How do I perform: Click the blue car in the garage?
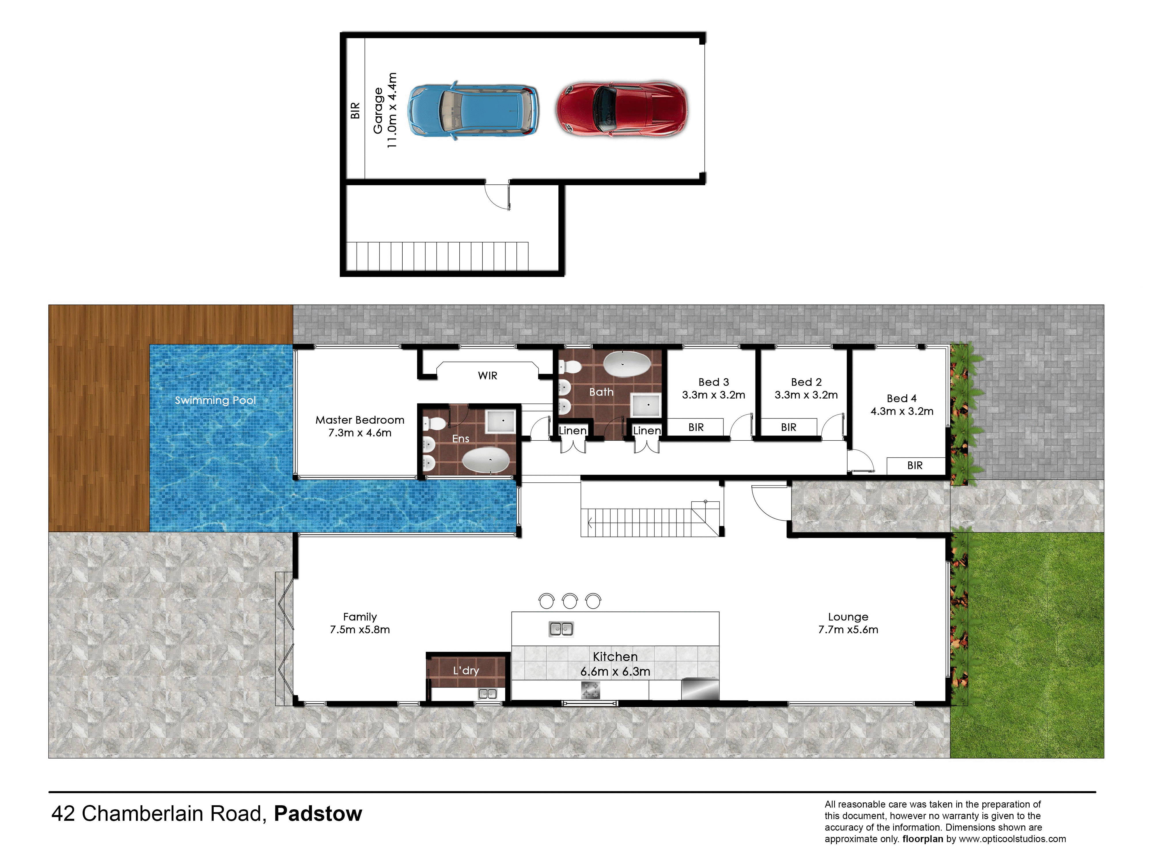pyautogui.click(x=472, y=110)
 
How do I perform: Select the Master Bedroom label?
pyautogui.click(x=360, y=420)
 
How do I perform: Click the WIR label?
pyautogui.click(x=488, y=376)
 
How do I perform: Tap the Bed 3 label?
pyautogui.click(x=713, y=382)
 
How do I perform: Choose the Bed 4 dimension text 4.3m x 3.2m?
pyautogui.click(x=902, y=411)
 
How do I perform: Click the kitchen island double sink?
pyautogui.click(x=561, y=629)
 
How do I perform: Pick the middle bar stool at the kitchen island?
pyautogui.click(x=570, y=600)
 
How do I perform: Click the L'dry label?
pyautogui.click(x=466, y=670)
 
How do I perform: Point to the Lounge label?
pyautogui.click(x=848, y=617)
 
